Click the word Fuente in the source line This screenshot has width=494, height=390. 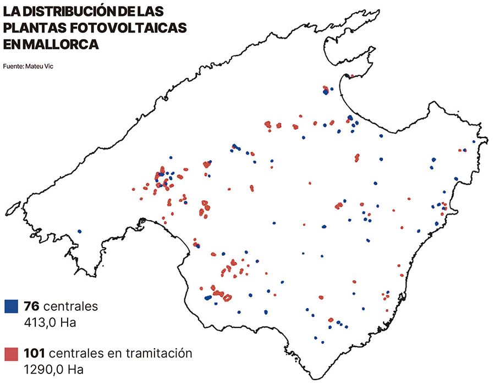click(13, 66)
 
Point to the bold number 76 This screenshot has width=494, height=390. click(31, 306)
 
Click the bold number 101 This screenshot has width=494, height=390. click(35, 353)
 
